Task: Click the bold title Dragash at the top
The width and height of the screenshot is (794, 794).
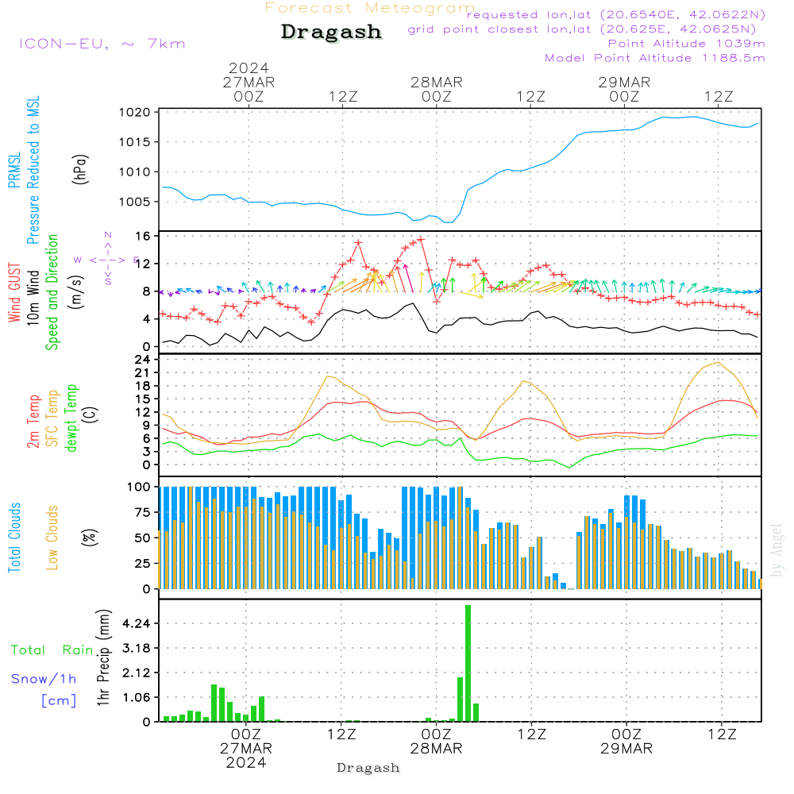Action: (331, 33)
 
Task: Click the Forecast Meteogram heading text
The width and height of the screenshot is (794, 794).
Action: (370, 8)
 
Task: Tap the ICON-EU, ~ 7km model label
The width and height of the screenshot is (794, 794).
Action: (102, 43)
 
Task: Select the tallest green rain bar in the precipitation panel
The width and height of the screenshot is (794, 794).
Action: (468, 663)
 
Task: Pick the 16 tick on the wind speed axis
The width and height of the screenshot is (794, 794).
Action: (143, 236)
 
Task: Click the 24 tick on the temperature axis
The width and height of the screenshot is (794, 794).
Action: (143, 359)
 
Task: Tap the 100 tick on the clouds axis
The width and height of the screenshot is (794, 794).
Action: (140, 486)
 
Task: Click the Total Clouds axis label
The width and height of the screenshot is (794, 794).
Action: (15, 538)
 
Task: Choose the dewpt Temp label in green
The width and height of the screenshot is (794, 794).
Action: (71, 418)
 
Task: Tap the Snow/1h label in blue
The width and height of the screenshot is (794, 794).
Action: (44, 679)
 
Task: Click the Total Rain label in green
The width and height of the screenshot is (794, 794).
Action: (52, 649)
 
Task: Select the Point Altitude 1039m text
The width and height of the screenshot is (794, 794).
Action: (686, 43)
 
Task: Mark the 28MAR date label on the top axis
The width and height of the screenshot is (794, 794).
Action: (436, 82)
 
